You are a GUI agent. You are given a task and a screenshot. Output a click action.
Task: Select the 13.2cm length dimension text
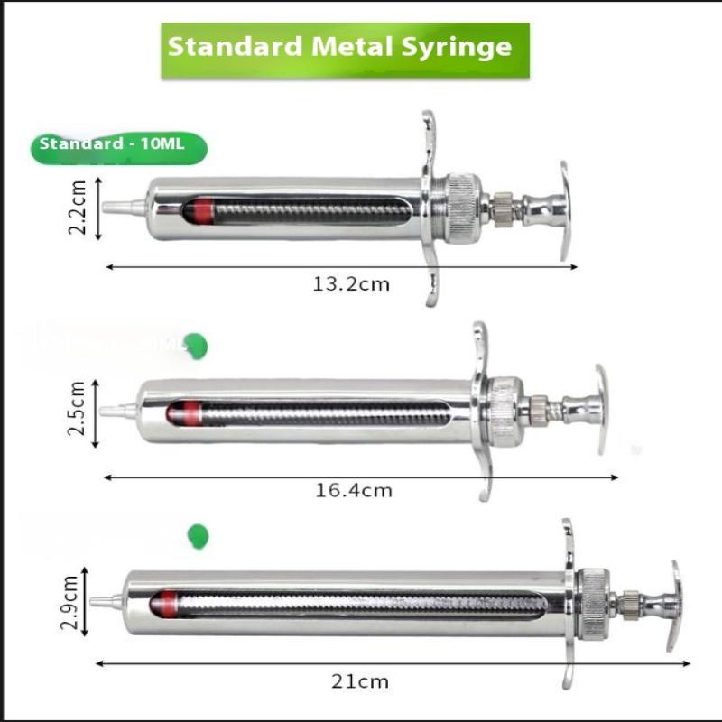click(x=351, y=284)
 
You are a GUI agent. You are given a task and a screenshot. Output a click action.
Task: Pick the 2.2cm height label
click(x=79, y=207)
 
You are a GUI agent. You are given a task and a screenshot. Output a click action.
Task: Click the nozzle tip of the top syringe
click(x=116, y=208)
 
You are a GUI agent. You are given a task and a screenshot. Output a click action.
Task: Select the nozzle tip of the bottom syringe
click(x=103, y=601)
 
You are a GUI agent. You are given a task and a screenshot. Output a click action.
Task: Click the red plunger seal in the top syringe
click(x=191, y=211)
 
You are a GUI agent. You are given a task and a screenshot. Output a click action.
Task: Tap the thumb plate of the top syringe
click(x=564, y=211)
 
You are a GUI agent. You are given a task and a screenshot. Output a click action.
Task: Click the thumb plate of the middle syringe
click(x=600, y=409)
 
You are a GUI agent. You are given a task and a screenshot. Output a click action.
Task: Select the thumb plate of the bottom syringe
click(x=673, y=605)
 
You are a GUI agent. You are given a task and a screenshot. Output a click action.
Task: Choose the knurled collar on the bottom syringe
click(x=592, y=602)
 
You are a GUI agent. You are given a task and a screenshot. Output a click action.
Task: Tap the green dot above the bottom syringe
click(x=197, y=536)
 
